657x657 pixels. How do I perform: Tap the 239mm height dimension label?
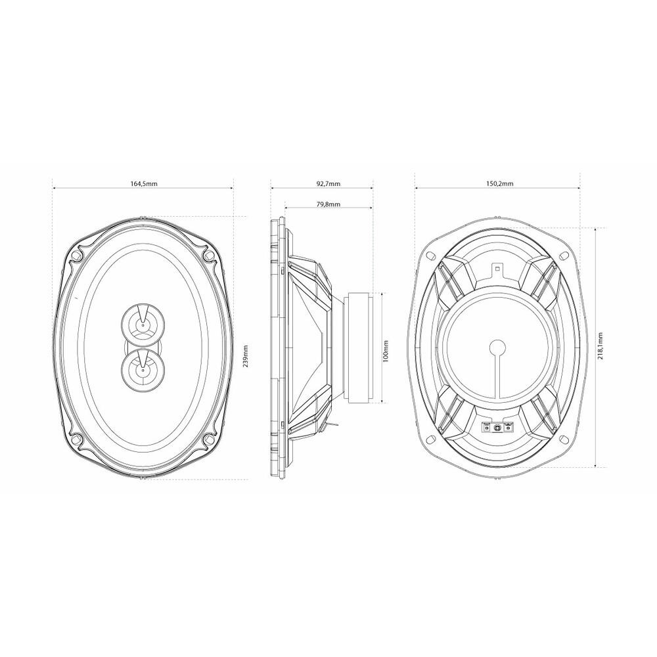[246, 355]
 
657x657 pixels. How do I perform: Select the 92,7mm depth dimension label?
[328, 183]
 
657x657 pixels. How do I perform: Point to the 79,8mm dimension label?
[328, 204]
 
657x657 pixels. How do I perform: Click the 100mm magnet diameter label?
[386, 350]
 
